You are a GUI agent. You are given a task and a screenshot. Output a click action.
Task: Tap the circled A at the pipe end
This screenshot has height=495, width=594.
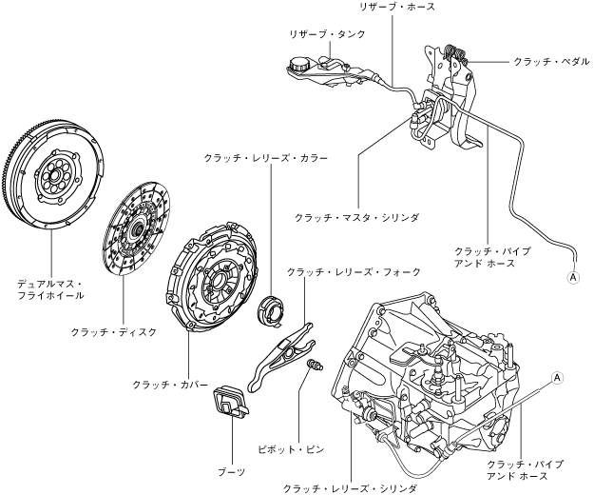coord(573,278)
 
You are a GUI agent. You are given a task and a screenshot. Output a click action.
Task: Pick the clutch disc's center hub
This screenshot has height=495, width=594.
coord(137,228)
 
